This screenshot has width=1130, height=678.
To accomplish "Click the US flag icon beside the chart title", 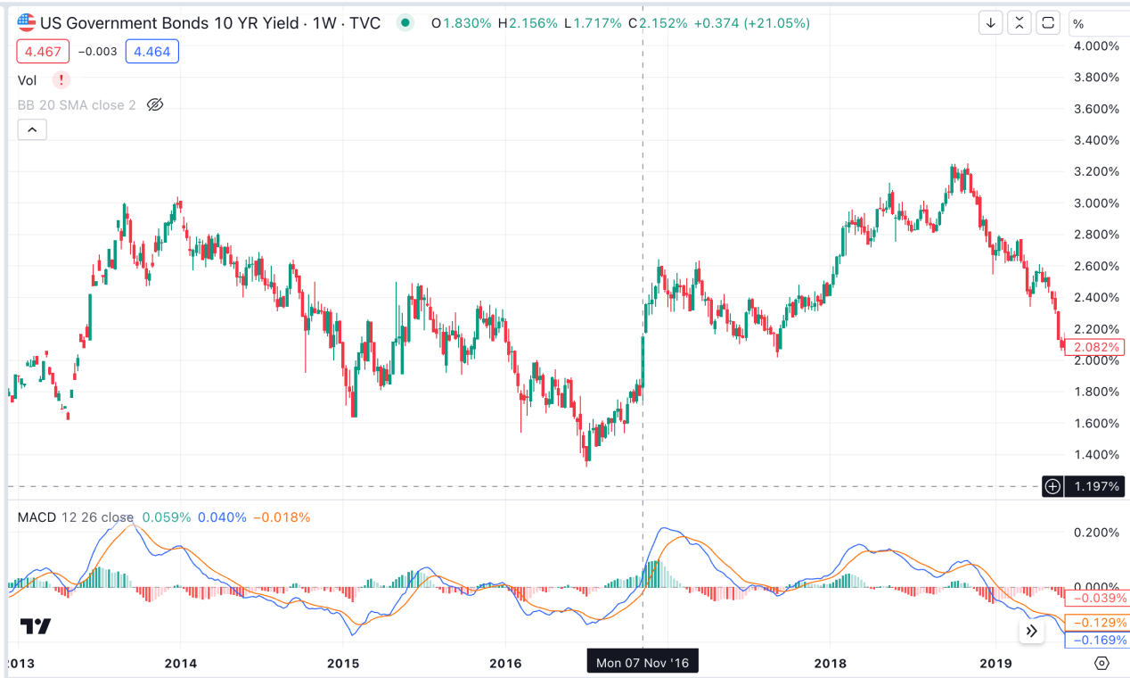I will (x=27, y=22).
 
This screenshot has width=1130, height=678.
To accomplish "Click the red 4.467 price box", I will (x=43, y=52).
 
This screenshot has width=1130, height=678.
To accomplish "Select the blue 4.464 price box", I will (x=151, y=52).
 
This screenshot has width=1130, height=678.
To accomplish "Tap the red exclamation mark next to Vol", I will (x=61, y=80).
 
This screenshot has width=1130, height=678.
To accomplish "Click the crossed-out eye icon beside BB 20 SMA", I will (x=154, y=105).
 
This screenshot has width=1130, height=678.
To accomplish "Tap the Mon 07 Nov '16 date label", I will (x=643, y=663).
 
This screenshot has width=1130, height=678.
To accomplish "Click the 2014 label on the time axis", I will (x=181, y=663).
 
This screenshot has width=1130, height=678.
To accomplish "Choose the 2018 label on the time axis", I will (x=830, y=663).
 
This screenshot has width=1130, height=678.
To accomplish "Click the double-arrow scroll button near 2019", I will (x=1031, y=631).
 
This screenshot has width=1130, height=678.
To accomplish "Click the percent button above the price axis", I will (x=1078, y=23).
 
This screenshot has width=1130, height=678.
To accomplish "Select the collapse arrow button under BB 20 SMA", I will (x=32, y=130).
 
